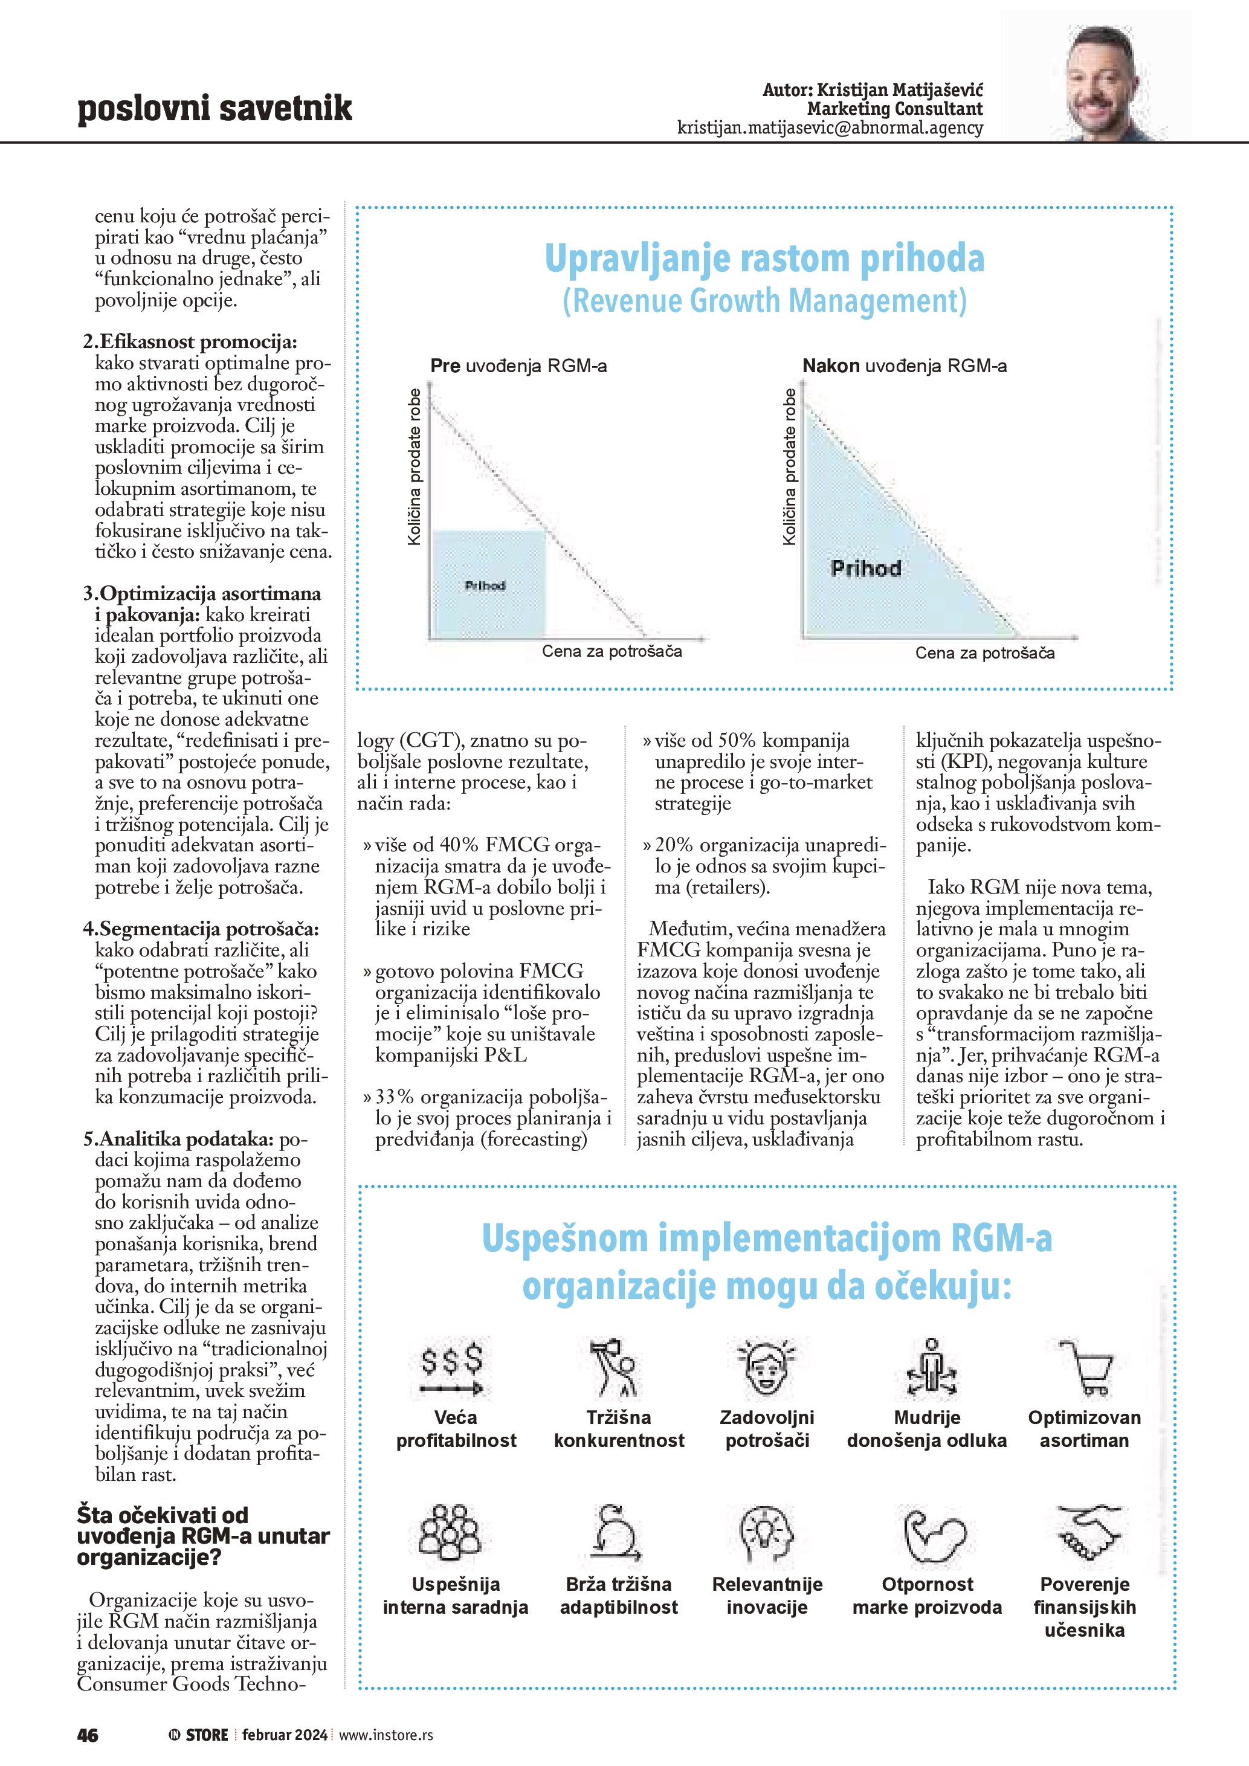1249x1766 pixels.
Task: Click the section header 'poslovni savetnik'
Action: tap(215, 109)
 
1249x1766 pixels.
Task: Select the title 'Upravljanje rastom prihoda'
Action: tap(764, 259)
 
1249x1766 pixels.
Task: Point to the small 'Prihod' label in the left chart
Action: tap(485, 585)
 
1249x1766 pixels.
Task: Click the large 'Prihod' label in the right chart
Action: tap(865, 569)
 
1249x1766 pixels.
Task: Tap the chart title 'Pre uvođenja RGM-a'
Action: tap(518, 366)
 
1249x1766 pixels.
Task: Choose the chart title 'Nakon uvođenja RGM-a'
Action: tap(904, 366)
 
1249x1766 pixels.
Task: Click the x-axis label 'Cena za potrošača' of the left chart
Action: tap(612, 651)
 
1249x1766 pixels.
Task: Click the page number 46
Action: tap(88, 1735)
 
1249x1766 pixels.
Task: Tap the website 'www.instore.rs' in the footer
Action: tap(386, 1735)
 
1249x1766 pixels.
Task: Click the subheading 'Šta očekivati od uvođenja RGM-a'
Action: tap(203, 1536)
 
